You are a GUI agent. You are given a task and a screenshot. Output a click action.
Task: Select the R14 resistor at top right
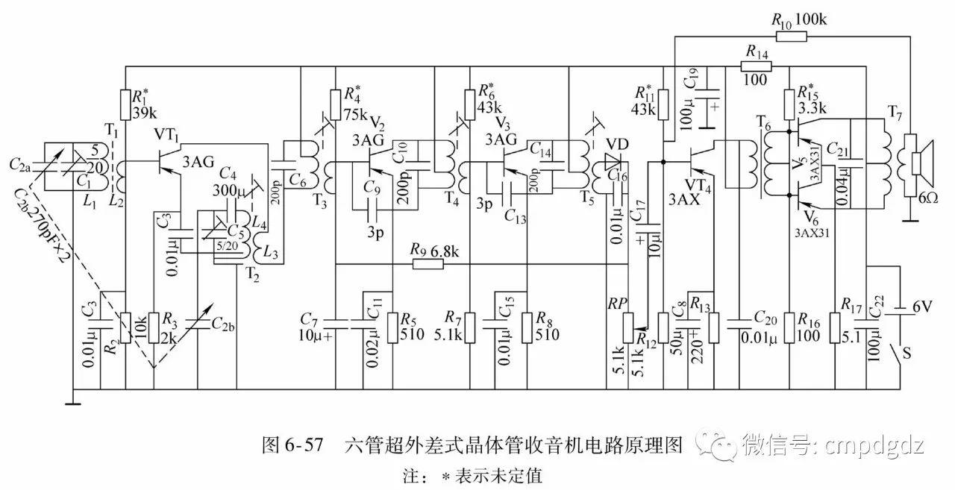tap(756, 66)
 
